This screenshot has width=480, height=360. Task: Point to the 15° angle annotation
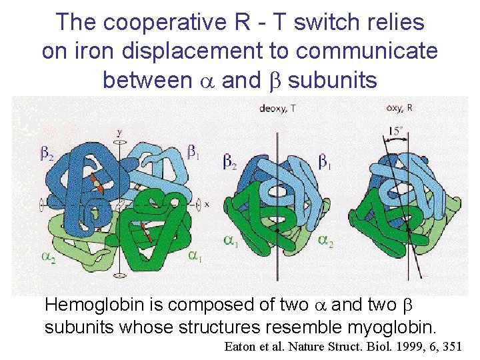(x=397, y=131)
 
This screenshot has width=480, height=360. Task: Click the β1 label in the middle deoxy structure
(x=326, y=162)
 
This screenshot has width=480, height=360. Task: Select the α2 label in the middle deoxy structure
(x=326, y=241)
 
